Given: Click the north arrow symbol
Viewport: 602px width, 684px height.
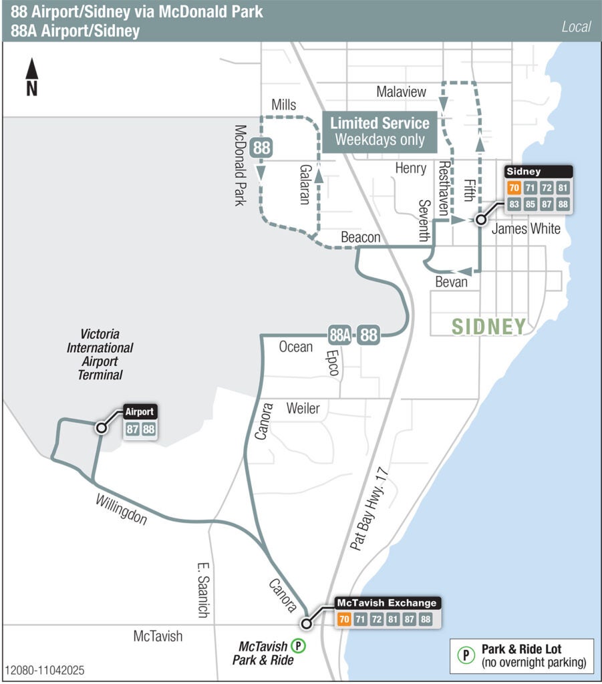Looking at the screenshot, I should (x=31, y=77).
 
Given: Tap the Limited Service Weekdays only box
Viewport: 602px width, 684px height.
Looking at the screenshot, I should (x=380, y=131).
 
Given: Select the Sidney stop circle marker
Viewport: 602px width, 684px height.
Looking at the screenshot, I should (x=480, y=219).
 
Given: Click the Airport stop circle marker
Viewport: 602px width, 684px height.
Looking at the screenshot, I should (x=101, y=427).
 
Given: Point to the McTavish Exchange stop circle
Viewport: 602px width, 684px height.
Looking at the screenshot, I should (x=307, y=624).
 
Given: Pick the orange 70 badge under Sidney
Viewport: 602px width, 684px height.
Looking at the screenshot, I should (x=513, y=188).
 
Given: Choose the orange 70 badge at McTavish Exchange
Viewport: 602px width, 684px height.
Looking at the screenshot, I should (x=344, y=619).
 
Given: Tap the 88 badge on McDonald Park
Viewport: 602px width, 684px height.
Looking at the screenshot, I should (x=261, y=148).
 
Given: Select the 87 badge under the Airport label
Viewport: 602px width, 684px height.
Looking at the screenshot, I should (x=132, y=430).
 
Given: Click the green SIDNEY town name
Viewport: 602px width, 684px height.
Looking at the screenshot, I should (x=488, y=327).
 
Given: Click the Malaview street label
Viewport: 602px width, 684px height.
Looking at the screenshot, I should (x=401, y=92).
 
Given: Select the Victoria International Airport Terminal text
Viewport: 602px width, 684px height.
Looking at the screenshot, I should (x=100, y=354).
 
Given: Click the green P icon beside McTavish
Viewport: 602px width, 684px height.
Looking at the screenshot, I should (x=299, y=646).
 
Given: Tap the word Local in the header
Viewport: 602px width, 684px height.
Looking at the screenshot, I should (x=576, y=27).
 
